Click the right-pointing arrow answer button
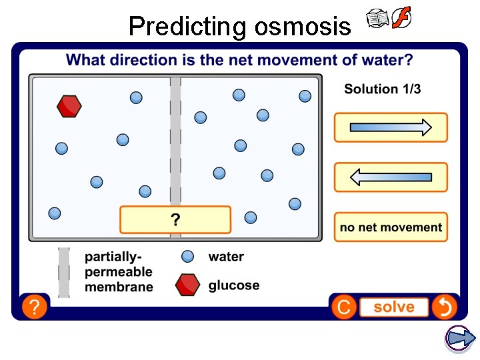(391, 127)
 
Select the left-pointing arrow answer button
(391, 177)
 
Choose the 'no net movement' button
(391, 227)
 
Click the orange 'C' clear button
(343, 307)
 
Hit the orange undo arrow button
(443, 307)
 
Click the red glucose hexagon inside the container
(69, 106)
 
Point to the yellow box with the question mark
(175, 220)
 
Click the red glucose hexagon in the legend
(187, 285)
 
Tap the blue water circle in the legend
(188, 257)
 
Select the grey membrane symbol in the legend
(64, 272)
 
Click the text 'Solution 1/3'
(382, 89)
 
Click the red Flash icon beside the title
(401, 18)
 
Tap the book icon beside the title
(378, 19)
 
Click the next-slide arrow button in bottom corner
(460, 339)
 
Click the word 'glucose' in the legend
(234, 285)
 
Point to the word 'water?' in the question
(387, 60)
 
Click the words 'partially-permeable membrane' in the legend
(119, 272)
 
